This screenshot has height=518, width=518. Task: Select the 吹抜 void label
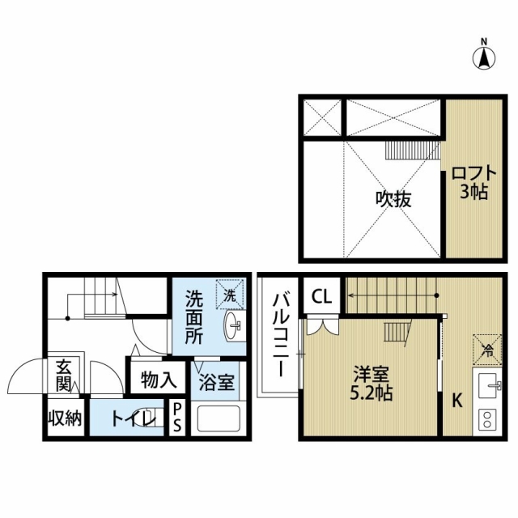tap(394, 199)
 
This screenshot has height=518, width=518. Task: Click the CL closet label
tap(322, 297)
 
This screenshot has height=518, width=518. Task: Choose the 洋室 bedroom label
tap(372, 374)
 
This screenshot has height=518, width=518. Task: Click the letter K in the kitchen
tap(456, 401)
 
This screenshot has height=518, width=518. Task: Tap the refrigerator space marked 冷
tap(487, 349)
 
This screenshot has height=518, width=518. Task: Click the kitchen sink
tap(487, 386)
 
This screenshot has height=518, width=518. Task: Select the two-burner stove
tap(487, 419)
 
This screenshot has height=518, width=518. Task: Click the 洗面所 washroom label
tap(193, 317)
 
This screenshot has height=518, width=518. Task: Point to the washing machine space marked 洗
tap(230, 295)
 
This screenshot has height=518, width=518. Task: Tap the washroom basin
tap(233, 325)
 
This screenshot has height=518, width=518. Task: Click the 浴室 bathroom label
tap(216, 383)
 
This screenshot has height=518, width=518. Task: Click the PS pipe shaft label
tap(177, 418)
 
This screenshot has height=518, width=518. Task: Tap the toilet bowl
tap(152, 418)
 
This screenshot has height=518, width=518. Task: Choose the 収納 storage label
tap(65, 418)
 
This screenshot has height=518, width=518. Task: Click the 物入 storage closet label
tap(159, 380)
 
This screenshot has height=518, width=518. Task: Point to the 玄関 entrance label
tap(63, 375)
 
